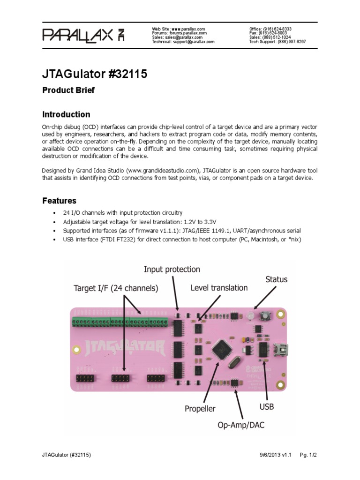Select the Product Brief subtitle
(68, 90)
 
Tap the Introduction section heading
(66, 114)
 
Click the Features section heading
(59, 201)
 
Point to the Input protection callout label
(172, 269)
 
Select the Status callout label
(277, 279)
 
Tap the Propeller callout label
(200, 408)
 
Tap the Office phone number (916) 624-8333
(286, 29)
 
